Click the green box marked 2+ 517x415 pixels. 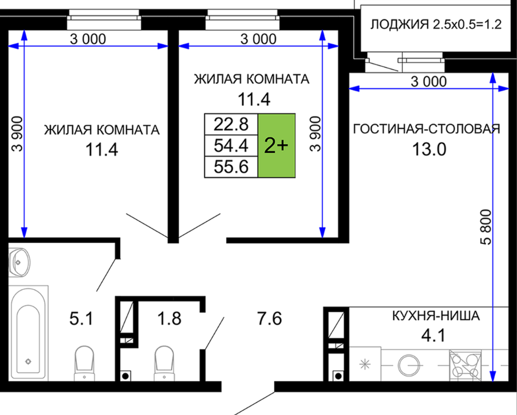tap(276, 145)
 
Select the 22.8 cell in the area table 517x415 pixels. tap(231, 125)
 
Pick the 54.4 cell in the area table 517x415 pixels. tap(231, 145)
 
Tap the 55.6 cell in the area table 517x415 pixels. tap(231, 167)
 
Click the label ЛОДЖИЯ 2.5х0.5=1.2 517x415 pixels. tap(436, 25)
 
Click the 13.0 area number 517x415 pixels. tap(429, 149)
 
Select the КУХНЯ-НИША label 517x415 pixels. tap(436, 316)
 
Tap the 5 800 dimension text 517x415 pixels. tap(486, 227)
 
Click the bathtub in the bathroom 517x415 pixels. tap(29, 333)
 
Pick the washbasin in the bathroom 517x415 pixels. tap(19, 262)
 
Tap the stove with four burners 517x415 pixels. tap(465, 365)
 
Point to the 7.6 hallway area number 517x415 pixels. tap(269, 319)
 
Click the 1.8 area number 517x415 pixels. tap(169, 319)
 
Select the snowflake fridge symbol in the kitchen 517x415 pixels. tap(365, 364)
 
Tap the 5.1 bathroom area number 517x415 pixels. tap(81, 319)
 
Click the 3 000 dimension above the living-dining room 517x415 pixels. tap(428, 81)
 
